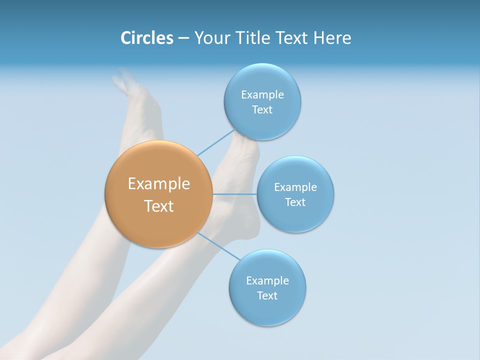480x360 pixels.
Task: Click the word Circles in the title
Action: (x=146, y=38)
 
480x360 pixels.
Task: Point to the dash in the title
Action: (x=183, y=38)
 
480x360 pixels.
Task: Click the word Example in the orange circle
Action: (x=159, y=184)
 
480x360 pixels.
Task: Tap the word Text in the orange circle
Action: (x=159, y=206)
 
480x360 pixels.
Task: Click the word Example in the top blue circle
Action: (x=262, y=95)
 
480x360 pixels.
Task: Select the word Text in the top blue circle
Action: (x=262, y=110)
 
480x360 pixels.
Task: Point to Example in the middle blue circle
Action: (x=295, y=187)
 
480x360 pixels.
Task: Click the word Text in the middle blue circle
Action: (x=295, y=202)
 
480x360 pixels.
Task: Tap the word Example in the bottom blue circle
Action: (x=267, y=281)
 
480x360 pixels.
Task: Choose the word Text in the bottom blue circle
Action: (x=267, y=296)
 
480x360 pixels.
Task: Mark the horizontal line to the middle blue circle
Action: (x=234, y=194)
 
